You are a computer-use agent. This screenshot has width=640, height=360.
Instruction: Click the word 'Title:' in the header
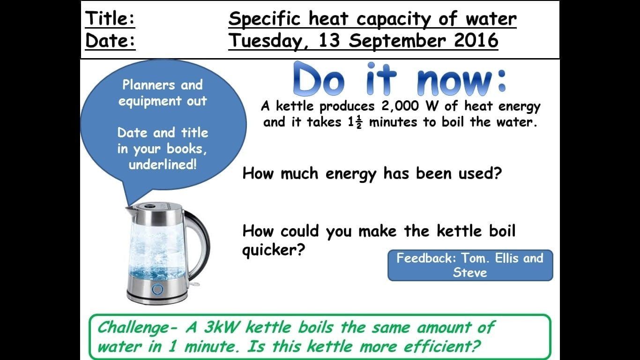pos(110,19)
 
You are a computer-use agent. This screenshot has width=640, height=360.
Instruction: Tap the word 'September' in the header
pos(397,41)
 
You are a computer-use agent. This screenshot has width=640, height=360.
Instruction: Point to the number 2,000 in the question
pos(400,106)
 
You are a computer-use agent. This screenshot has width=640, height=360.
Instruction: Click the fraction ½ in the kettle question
pos(359,123)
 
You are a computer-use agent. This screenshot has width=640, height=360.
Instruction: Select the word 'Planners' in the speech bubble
pos(149,85)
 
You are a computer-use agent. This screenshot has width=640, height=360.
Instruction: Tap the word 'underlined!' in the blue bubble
pos(163,165)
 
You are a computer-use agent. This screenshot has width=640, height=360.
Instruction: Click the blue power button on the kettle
pos(157,289)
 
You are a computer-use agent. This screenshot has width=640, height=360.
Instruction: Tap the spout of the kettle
pos(130,211)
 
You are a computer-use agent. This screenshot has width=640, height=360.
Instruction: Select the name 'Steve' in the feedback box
pos(470,272)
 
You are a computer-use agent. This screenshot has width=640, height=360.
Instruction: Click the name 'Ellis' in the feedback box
pos(507,258)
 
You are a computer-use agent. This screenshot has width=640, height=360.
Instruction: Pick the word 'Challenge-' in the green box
pos(138,328)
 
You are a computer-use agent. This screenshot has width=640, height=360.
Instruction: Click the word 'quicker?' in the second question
pos(274,250)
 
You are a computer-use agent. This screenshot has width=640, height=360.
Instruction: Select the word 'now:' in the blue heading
pos(461,81)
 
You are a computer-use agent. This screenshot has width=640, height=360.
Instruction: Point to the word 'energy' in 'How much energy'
pos(350,174)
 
